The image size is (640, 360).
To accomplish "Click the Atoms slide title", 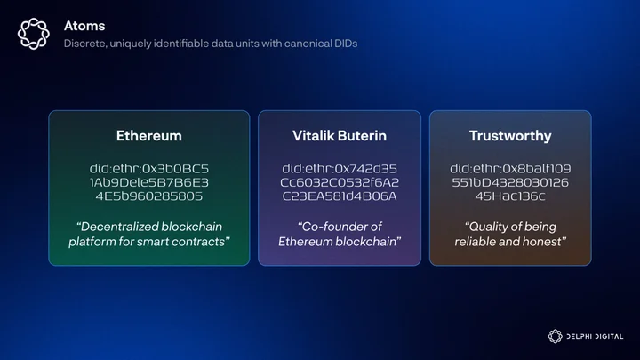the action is [x=84, y=26].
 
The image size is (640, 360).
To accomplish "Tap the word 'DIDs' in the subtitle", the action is [x=347, y=44].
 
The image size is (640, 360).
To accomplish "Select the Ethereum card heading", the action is [x=149, y=135].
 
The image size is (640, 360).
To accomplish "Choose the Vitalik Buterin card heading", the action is [x=340, y=135].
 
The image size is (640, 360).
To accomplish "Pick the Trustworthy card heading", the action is [x=510, y=136].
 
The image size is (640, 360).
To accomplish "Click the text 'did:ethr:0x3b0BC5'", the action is [x=149, y=169].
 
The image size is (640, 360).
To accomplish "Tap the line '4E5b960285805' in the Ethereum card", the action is [x=149, y=196].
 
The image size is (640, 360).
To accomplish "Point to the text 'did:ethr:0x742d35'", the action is [x=340, y=169].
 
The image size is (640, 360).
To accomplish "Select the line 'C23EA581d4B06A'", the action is [x=340, y=196].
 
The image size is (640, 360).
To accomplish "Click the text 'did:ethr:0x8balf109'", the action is [x=510, y=169].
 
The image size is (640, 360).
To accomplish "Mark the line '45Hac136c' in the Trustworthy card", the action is [x=510, y=196].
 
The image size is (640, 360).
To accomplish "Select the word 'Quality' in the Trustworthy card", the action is [x=487, y=227].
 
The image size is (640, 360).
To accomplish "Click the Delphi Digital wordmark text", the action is [x=595, y=336].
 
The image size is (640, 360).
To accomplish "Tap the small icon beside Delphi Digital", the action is [x=555, y=336].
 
